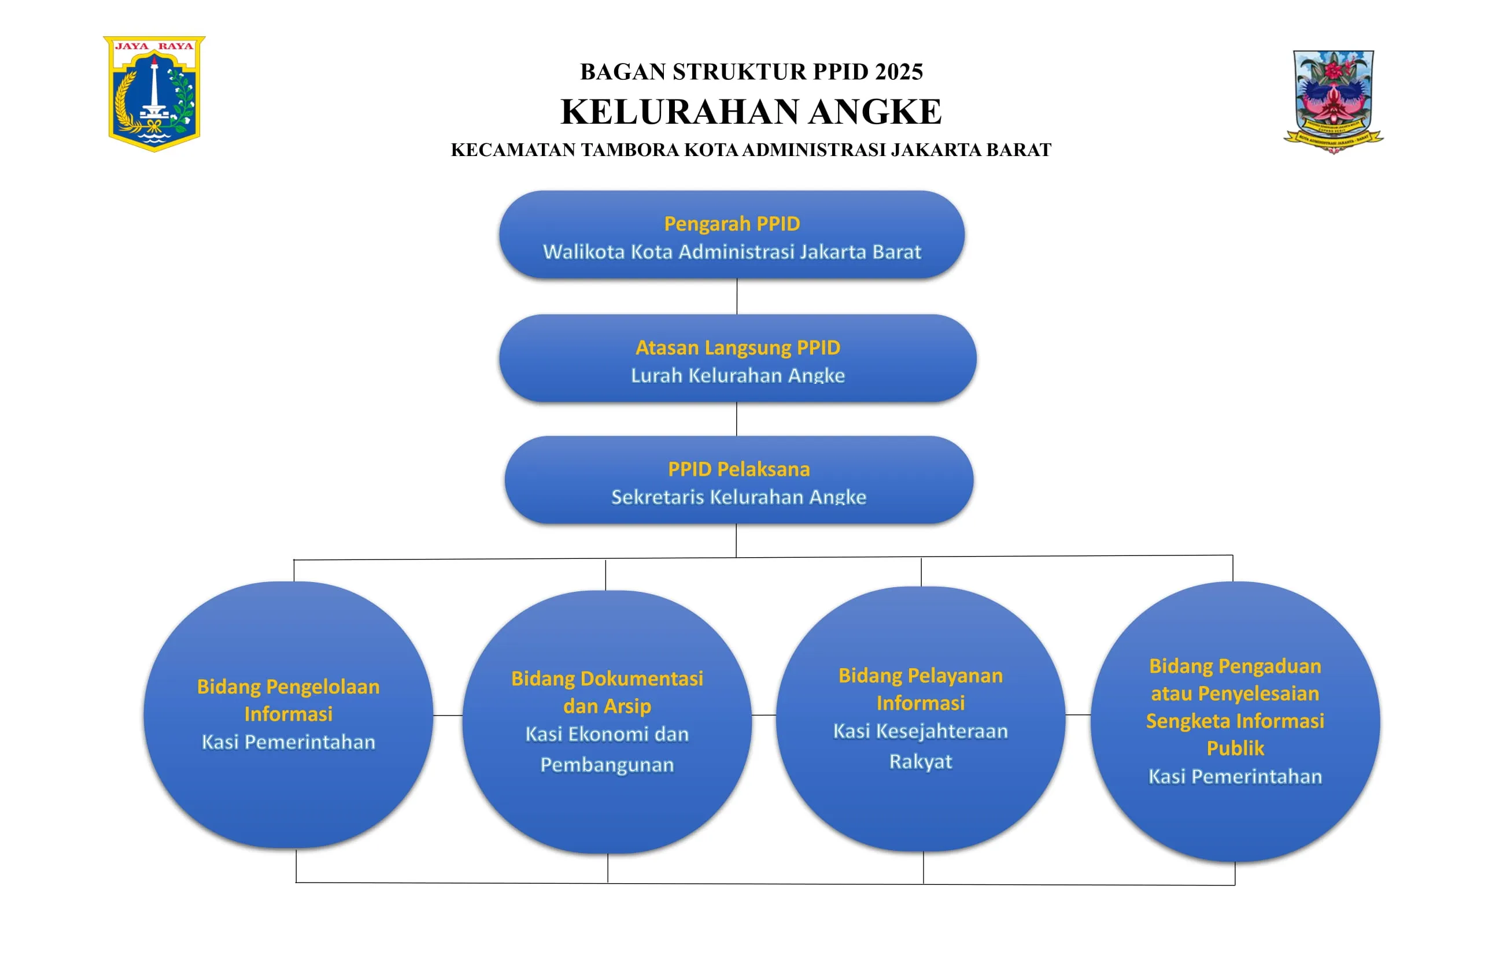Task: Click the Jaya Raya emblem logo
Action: point(154,94)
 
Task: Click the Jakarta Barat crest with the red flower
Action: point(1333,102)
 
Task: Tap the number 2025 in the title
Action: point(899,72)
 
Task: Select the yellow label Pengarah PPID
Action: point(732,224)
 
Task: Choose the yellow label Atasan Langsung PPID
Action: point(738,347)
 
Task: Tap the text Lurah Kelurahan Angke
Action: point(738,375)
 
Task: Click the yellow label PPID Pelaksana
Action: point(739,469)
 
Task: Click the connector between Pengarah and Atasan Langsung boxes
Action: point(737,296)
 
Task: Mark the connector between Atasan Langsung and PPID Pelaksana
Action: point(737,418)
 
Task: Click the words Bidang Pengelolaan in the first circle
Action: point(289,687)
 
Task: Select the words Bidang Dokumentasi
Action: point(607,679)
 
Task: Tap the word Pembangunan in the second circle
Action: point(607,765)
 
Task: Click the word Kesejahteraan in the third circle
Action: point(942,731)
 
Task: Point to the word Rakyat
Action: point(921,761)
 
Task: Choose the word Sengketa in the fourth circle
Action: point(1188,721)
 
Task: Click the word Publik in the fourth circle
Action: point(1235,748)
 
